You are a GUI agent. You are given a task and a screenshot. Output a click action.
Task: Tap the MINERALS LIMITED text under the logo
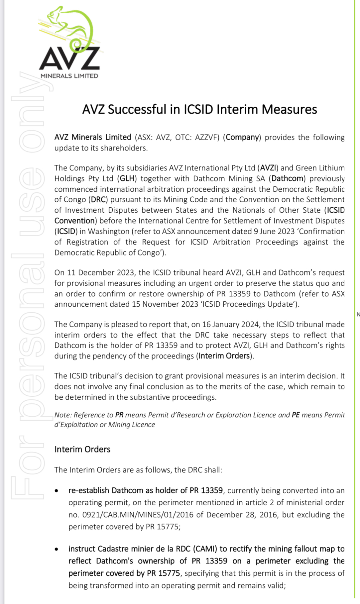(69, 76)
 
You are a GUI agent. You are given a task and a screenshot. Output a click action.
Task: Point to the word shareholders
(124, 148)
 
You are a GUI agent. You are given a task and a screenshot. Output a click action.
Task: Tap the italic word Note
(62, 415)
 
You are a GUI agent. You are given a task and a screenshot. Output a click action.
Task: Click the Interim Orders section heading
(82, 449)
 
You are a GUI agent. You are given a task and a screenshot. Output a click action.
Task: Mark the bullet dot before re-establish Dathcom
(57, 491)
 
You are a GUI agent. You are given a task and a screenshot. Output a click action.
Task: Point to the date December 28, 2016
(240, 515)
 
